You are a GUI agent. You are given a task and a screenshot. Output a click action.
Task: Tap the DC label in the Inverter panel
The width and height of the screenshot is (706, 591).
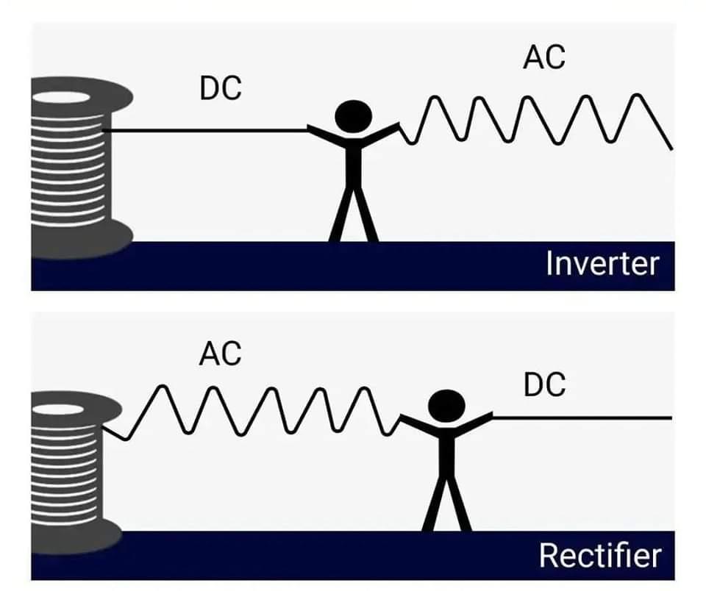click(x=221, y=89)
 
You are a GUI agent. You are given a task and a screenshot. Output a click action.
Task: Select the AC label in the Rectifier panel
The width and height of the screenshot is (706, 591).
click(x=220, y=354)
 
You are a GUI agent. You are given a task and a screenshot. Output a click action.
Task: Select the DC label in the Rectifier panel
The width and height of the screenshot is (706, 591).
click(x=544, y=384)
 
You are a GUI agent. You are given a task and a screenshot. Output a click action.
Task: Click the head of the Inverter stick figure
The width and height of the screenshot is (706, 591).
click(x=354, y=117)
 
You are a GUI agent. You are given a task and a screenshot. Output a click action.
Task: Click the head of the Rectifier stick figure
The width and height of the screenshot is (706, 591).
click(x=446, y=407)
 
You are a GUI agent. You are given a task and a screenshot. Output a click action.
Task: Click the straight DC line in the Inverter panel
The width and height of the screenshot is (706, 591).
click(x=206, y=131)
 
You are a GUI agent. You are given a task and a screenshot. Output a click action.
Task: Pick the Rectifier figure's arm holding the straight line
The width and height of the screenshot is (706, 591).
click(x=475, y=423)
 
